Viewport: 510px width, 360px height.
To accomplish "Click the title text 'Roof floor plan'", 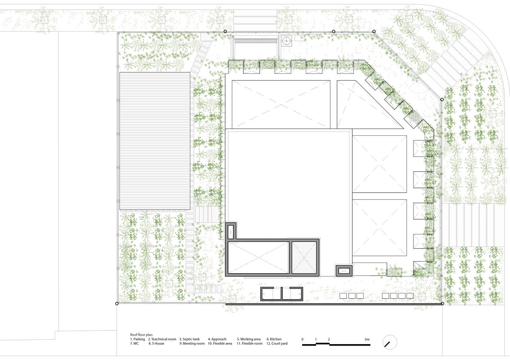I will (141, 335).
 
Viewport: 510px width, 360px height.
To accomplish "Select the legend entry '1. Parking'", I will (138, 339).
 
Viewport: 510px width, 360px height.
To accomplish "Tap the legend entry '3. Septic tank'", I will (189, 339).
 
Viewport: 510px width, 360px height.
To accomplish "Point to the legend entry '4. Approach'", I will (217, 339).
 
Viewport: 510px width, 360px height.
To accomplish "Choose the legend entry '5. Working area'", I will (249, 339).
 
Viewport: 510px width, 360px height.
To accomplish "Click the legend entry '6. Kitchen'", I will (274, 339).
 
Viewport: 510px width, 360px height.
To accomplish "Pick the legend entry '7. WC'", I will (134, 343).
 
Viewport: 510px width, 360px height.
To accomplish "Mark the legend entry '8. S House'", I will (156, 343).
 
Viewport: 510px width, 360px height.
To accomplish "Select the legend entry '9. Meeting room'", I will (192, 343).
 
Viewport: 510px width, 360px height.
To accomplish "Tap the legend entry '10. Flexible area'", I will (220, 343).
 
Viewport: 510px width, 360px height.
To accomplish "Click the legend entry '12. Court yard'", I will (277, 343).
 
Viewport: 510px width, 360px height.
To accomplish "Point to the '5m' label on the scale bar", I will (367, 339).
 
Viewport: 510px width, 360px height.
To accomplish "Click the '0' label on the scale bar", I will (303, 339).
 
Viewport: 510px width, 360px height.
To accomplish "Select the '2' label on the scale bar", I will (329, 339).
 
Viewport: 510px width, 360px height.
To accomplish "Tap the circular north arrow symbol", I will (389, 342).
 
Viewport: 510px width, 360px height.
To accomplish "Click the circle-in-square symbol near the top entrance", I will (287, 41).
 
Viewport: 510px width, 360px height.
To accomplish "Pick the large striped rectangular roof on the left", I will (155, 141).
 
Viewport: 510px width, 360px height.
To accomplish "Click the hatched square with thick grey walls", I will (305, 257).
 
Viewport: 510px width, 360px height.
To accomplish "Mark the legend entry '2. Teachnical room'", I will (162, 339).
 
